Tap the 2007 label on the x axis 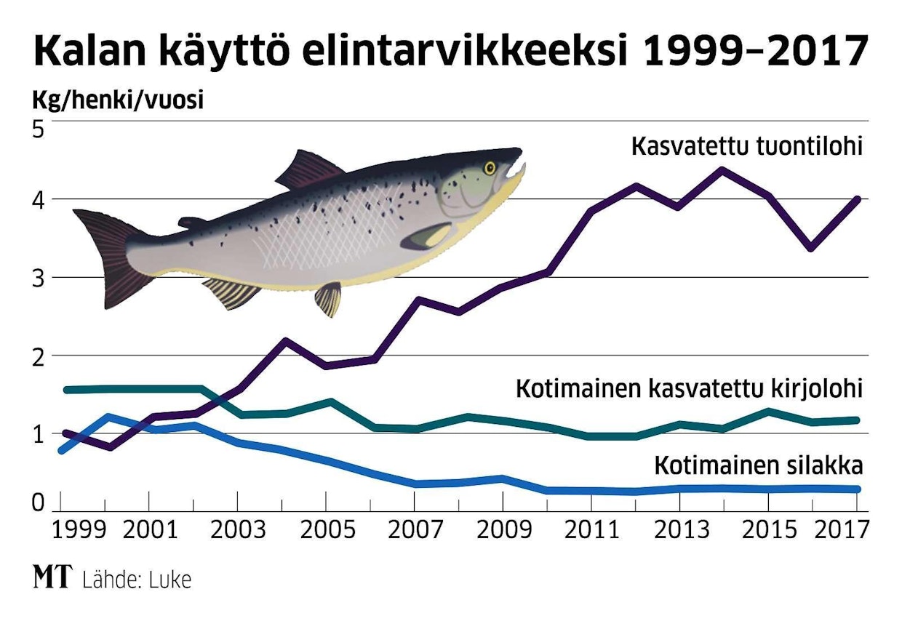coord(413,529)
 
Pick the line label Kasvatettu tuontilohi coord(746,146)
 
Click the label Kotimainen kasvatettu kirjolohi coord(688,388)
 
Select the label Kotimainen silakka coord(758,464)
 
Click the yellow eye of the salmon coord(490,169)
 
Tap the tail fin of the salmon coord(109,255)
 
